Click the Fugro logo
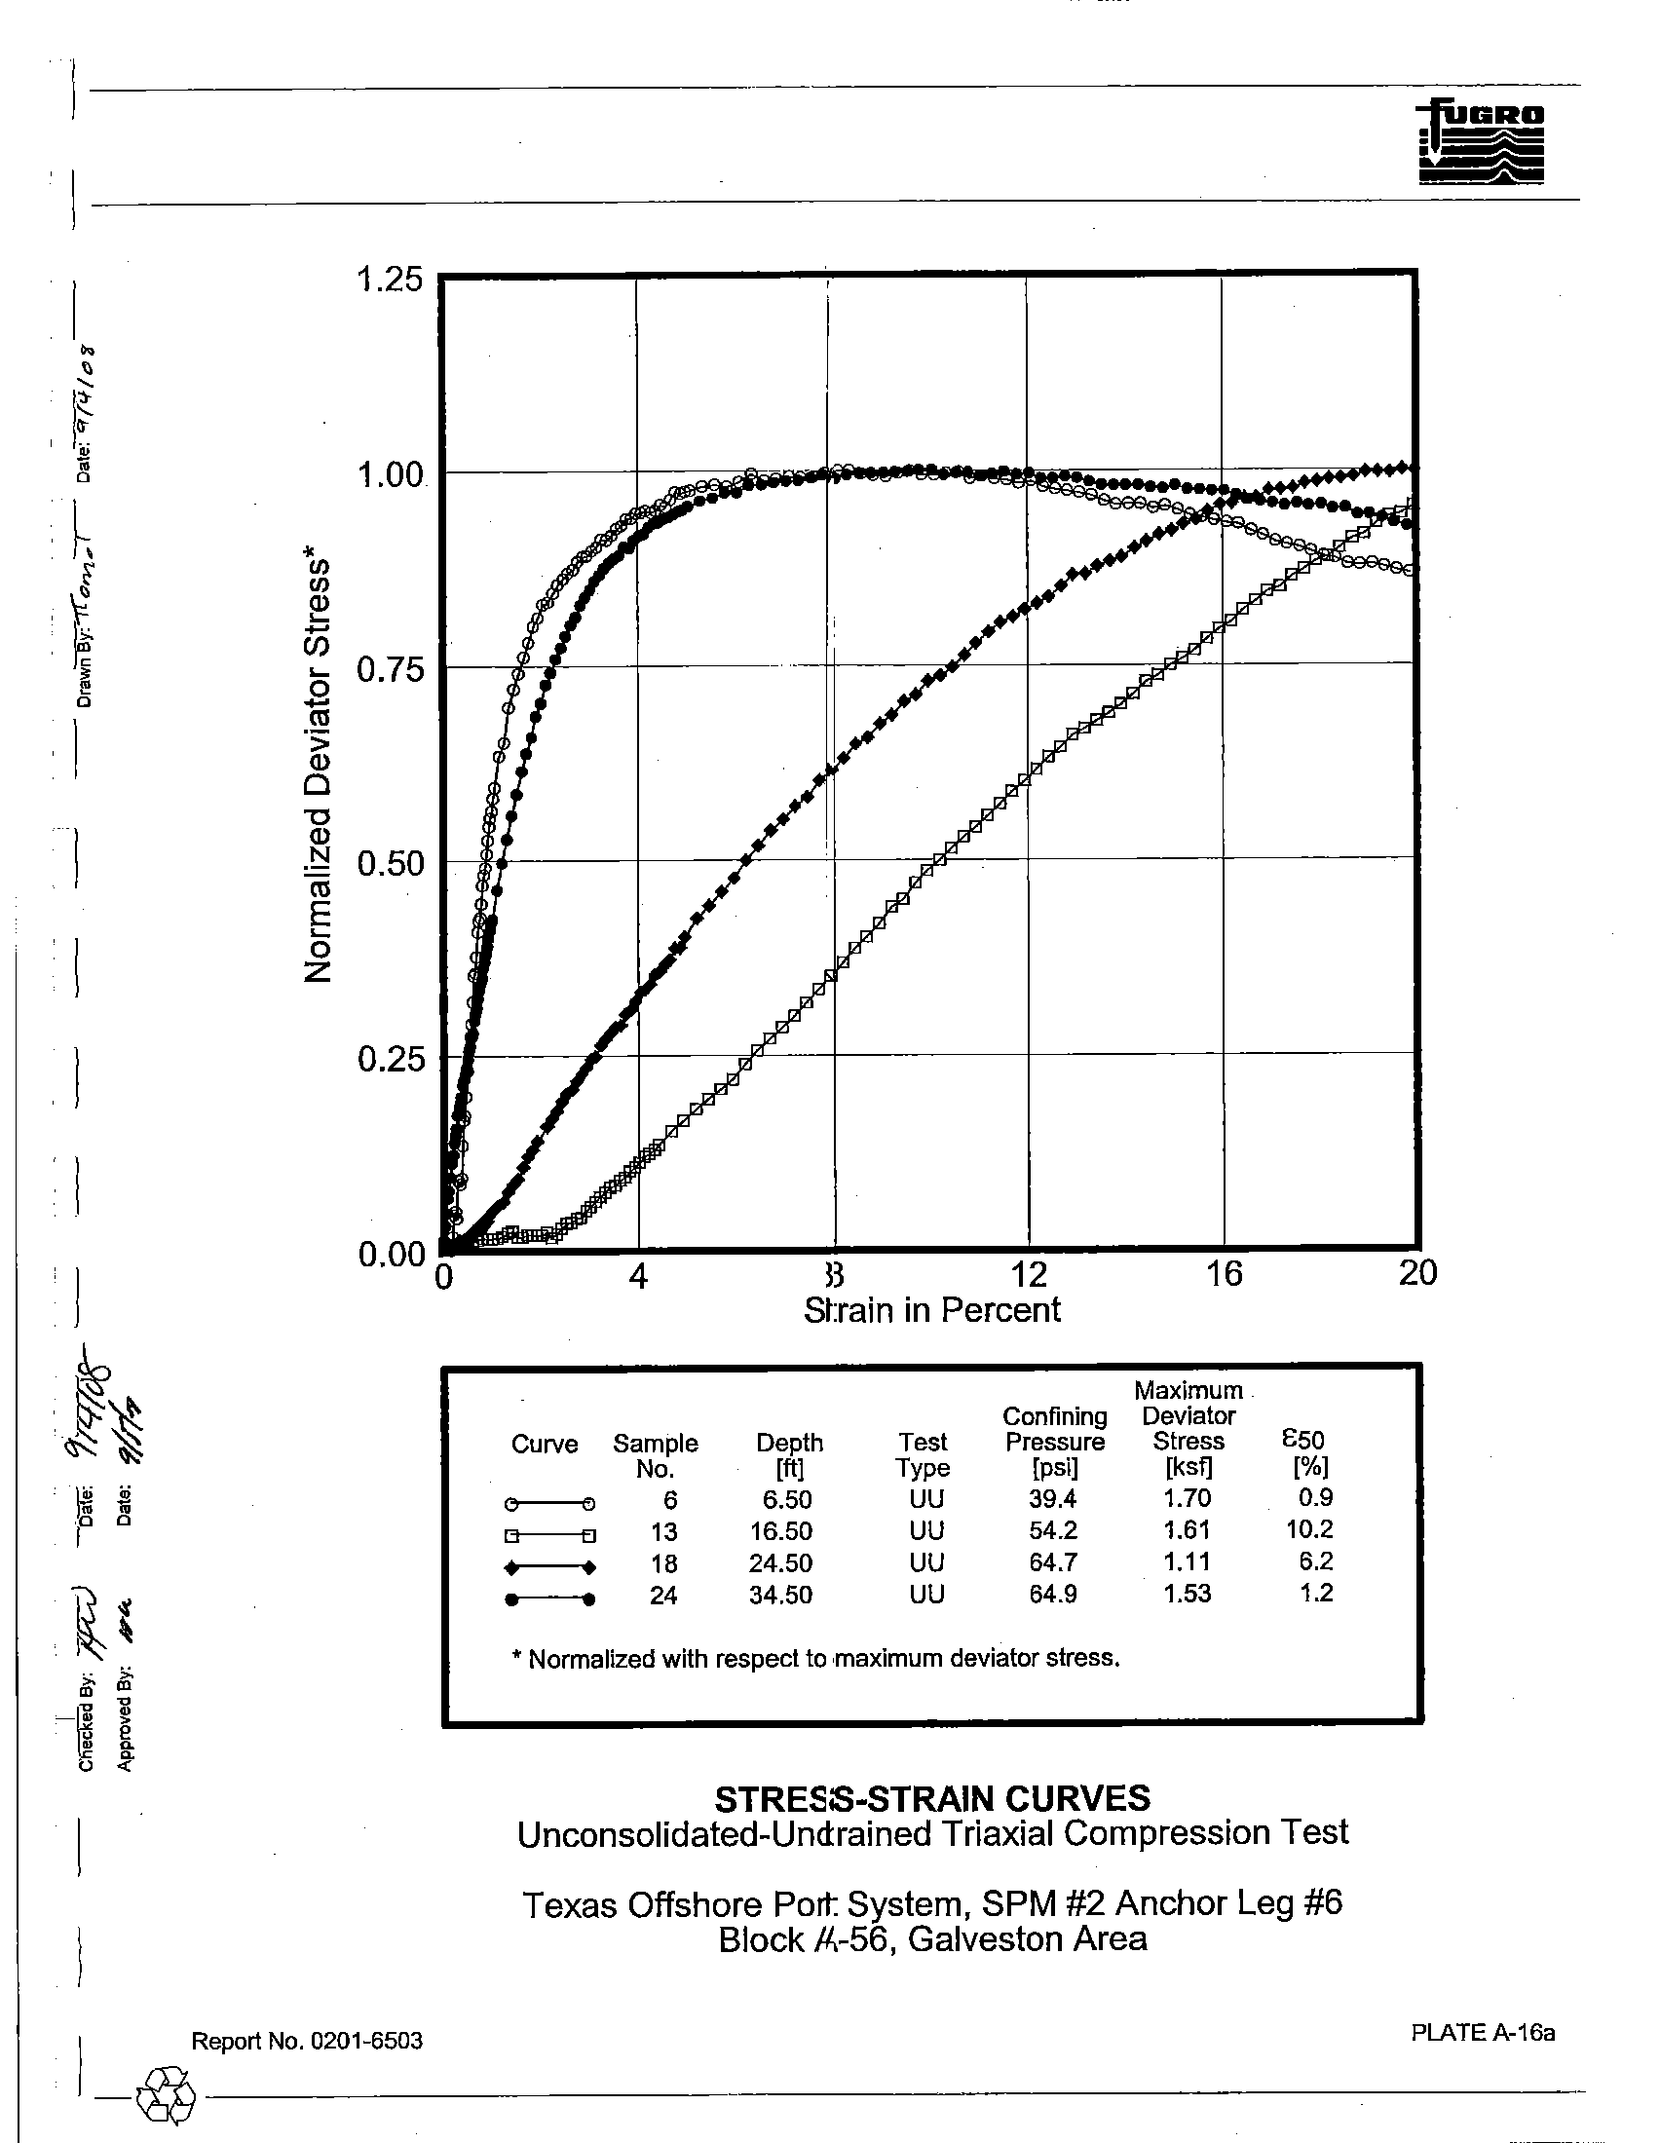tap(1481, 143)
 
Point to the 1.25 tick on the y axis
tap(390, 280)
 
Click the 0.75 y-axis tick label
tap(390, 670)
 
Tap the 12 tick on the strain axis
tap(1028, 1274)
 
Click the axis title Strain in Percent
tap(931, 1311)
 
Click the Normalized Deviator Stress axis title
tap(318, 772)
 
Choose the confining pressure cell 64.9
tap(1053, 1595)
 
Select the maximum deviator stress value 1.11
tap(1187, 1562)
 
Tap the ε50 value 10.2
tap(1309, 1529)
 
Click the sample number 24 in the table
tap(663, 1596)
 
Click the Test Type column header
tap(923, 1455)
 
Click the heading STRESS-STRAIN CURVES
tap(932, 1799)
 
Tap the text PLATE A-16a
tap(1483, 2032)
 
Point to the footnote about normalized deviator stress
tap(815, 1659)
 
